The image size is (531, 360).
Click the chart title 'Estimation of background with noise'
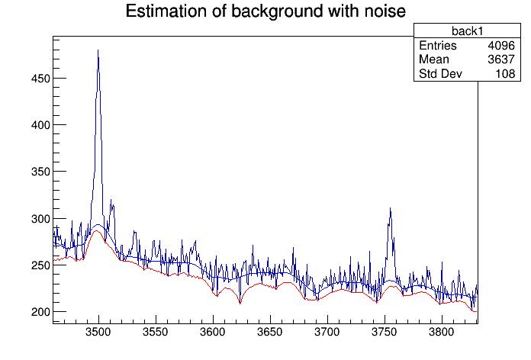point(265,11)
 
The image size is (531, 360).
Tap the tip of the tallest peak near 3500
point(98,50)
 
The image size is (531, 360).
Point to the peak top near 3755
point(390,208)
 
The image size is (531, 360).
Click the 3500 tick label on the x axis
point(98,333)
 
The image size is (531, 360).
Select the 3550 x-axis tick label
point(156,333)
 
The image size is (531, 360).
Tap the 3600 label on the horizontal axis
point(213,333)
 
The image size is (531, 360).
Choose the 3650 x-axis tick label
point(270,333)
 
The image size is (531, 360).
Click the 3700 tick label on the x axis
point(327,333)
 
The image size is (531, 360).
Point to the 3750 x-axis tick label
point(385,333)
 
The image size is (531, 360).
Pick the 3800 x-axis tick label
point(442,333)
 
